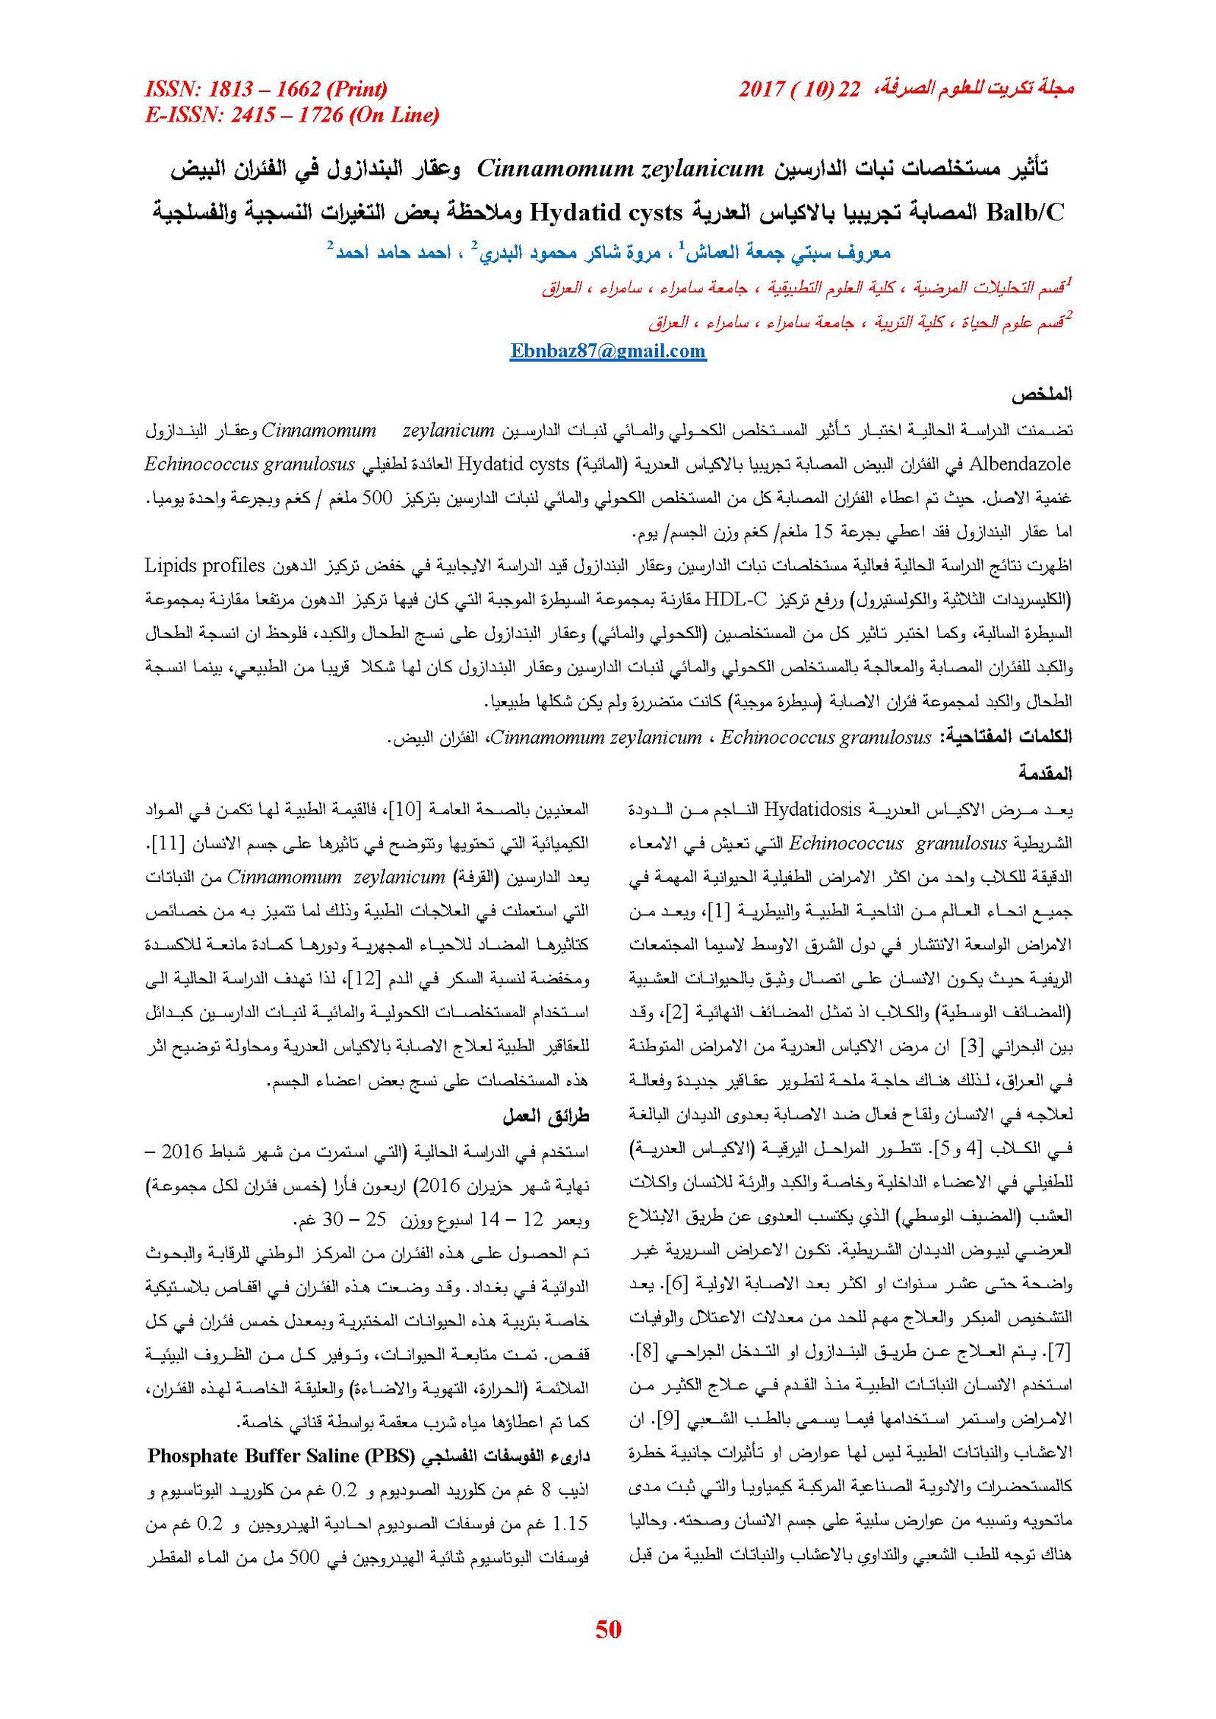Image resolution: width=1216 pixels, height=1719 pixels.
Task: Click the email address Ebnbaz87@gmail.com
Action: point(608,351)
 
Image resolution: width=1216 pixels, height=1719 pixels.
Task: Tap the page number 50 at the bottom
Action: point(608,1629)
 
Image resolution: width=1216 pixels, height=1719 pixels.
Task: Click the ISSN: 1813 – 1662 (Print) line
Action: point(266,89)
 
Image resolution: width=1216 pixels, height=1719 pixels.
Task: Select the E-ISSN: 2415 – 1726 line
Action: point(292,115)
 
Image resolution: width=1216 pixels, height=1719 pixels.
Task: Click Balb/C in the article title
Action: point(1025,213)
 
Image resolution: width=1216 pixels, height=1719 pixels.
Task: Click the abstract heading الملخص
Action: point(1041,395)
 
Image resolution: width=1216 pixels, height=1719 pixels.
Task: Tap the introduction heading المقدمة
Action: point(1045,773)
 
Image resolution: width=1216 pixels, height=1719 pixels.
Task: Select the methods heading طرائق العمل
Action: point(546,1117)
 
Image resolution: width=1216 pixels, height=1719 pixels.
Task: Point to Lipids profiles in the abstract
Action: point(204,566)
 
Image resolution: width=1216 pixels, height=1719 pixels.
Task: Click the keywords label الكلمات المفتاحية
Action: point(1006,736)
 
